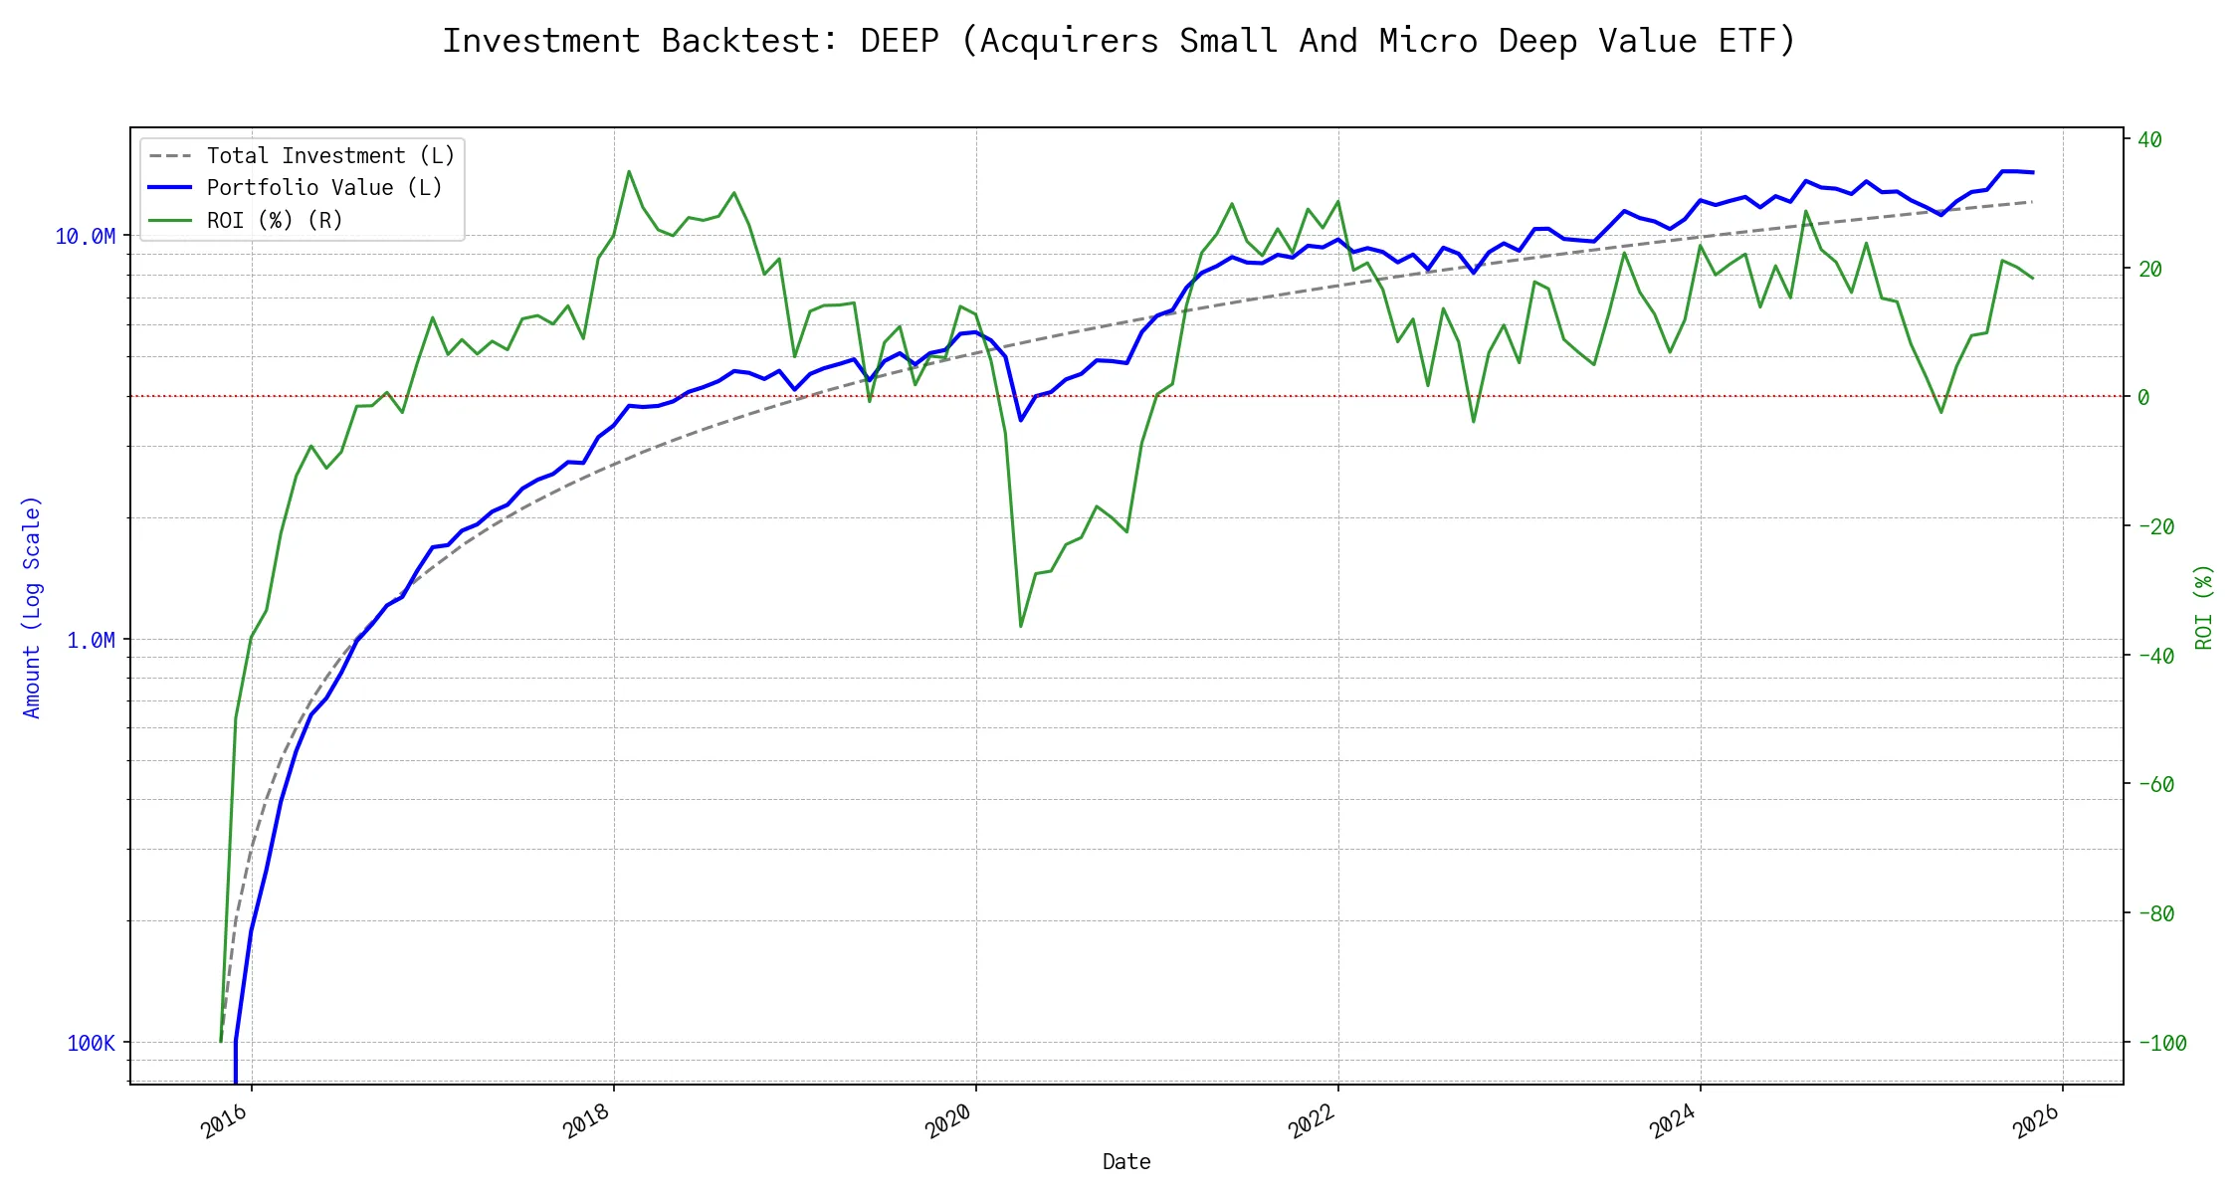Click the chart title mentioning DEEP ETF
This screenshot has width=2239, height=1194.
(x=1119, y=41)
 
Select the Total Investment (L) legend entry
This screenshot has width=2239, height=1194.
(x=329, y=156)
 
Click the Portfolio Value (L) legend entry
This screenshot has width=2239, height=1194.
(x=323, y=188)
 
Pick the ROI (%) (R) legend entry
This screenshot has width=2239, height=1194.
(x=274, y=221)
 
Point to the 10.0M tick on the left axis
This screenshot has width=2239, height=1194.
(x=85, y=237)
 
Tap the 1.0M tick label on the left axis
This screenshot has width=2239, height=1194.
(x=91, y=641)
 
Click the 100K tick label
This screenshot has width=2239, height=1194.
(x=91, y=1044)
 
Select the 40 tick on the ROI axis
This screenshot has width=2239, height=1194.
(x=2149, y=140)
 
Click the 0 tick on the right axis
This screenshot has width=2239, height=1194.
(x=2143, y=398)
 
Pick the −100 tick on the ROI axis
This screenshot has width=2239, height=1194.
(x=2161, y=1044)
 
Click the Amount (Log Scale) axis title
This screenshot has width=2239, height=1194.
(x=32, y=607)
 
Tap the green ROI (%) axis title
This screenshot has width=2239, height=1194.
(x=2204, y=607)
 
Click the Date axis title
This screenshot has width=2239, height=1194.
(x=1126, y=1162)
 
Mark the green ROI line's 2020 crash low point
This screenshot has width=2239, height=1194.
(x=1021, y=626)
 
